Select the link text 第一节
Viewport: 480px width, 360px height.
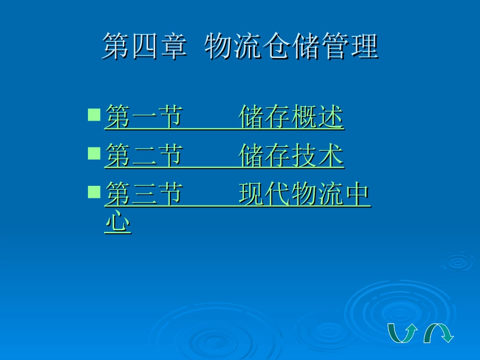click(143, 117)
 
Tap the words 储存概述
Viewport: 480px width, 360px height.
click(291, 117)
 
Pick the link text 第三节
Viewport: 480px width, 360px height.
click(143, 195)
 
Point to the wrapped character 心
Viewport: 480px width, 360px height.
click(117, 222)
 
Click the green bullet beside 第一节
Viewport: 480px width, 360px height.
click(94, 114)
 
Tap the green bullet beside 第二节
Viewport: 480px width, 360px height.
click(94, 153)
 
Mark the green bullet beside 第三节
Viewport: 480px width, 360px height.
click(94, 192)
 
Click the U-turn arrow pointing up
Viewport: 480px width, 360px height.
click(402, 333)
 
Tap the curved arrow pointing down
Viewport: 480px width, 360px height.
click(438, 333)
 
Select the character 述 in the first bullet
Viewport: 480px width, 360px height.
click(331, 117)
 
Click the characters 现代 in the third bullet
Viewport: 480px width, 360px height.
click(265, 195)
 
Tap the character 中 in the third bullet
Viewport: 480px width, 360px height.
click(358, 195)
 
